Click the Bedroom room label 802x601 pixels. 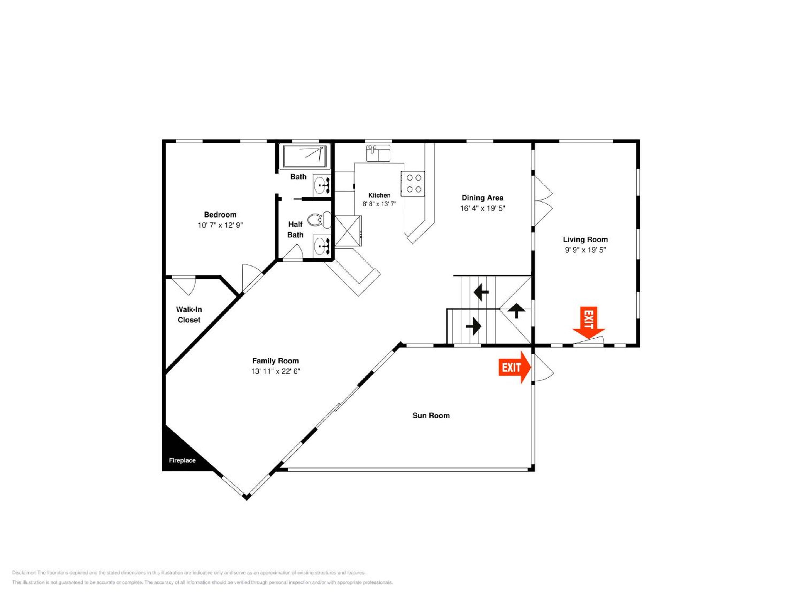coord(220,215)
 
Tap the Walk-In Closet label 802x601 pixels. coord(189,314)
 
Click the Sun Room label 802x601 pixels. coord(431,415)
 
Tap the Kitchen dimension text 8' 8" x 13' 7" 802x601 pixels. coord(379,204)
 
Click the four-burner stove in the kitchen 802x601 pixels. coord(413,184)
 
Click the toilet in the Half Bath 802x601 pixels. coord(319,220)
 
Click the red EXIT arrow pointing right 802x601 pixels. coord(515,367)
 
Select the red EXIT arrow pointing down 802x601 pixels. coord(588,323)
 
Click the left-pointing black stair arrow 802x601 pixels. coord(481,292)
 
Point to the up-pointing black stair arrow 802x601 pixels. coord(516,311)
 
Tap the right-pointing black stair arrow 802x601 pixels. coord(473,326)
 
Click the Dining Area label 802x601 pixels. coord(482,198)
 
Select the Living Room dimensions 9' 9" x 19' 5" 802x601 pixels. coord(585,250)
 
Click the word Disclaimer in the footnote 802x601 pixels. coord(24,573)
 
